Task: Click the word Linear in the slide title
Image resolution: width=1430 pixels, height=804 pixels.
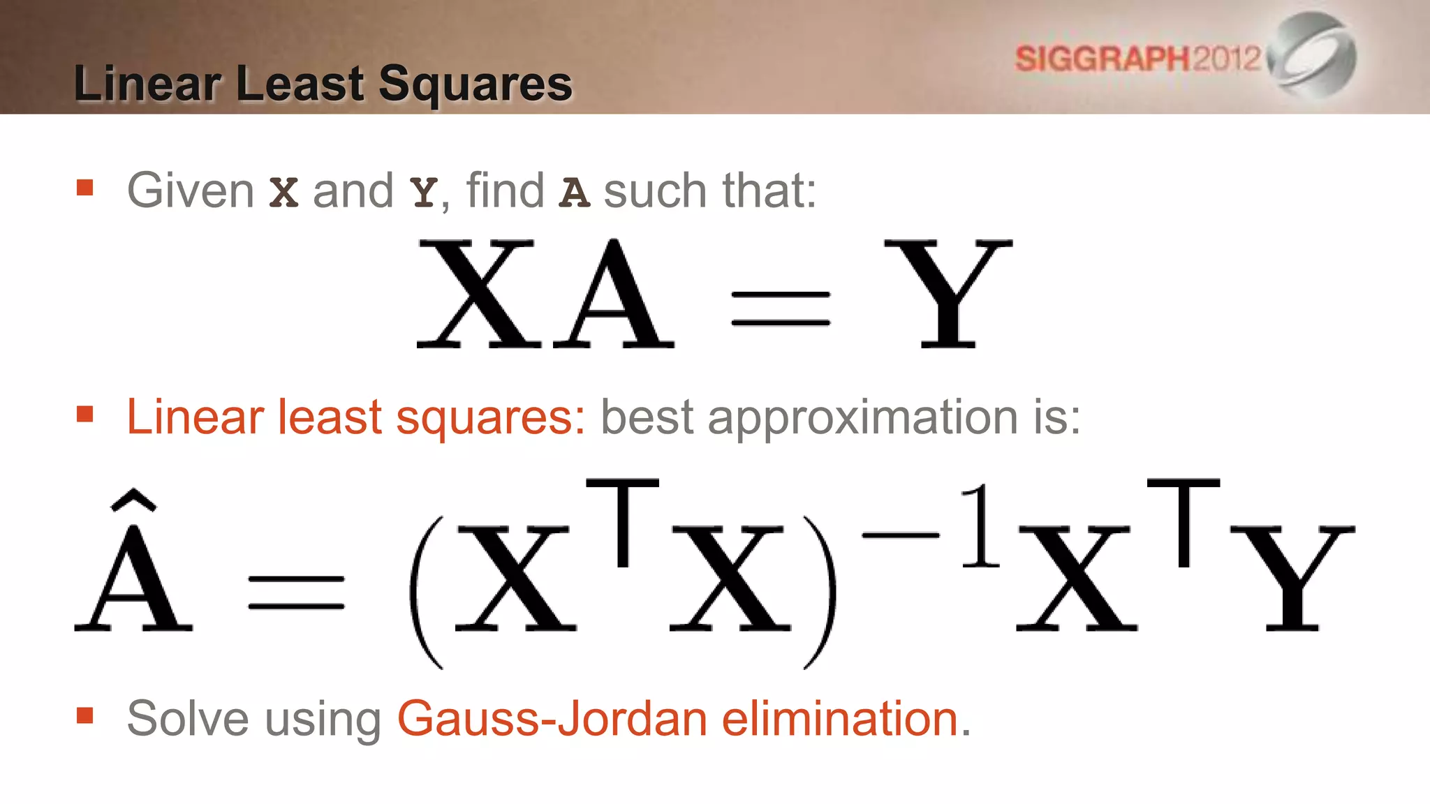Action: pyautogui.click(x=147, y=84)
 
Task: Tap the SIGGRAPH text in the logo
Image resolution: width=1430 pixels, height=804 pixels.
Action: pyautogui.click(x=1102, y=59)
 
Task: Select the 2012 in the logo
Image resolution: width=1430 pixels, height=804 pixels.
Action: pyautogui.click(x=1226, y=58)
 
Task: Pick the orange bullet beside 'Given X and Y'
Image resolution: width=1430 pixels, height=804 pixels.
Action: pyautogui.click(x=85, y=188)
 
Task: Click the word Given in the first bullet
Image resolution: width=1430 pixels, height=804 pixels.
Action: pyautogui.click(x=190, y=191)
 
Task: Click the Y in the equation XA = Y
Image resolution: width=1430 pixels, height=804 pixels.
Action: pyautogui.click(x=948, y=293)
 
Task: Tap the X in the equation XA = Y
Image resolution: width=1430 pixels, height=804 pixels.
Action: pyautogui.click(x=478, y=293)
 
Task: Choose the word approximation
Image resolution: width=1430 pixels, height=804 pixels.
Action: pyautogui.click(x=863, y=417)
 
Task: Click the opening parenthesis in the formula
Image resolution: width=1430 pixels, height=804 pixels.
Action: pyautogui.click(x=427, y=592)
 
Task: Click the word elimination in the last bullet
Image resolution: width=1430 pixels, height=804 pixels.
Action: pyautogui.click(x=840, y=719)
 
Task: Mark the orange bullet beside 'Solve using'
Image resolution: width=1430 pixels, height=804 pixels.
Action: pyautogui.click(x=85, y=715)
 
